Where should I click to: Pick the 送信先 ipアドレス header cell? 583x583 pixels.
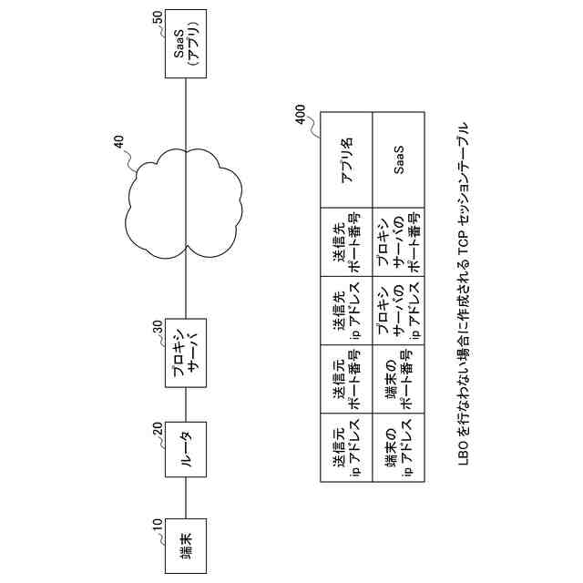(x=347, y=311)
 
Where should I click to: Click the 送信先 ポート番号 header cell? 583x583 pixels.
(x=347, y=241)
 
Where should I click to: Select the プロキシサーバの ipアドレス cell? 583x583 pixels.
(x=399, y=311)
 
